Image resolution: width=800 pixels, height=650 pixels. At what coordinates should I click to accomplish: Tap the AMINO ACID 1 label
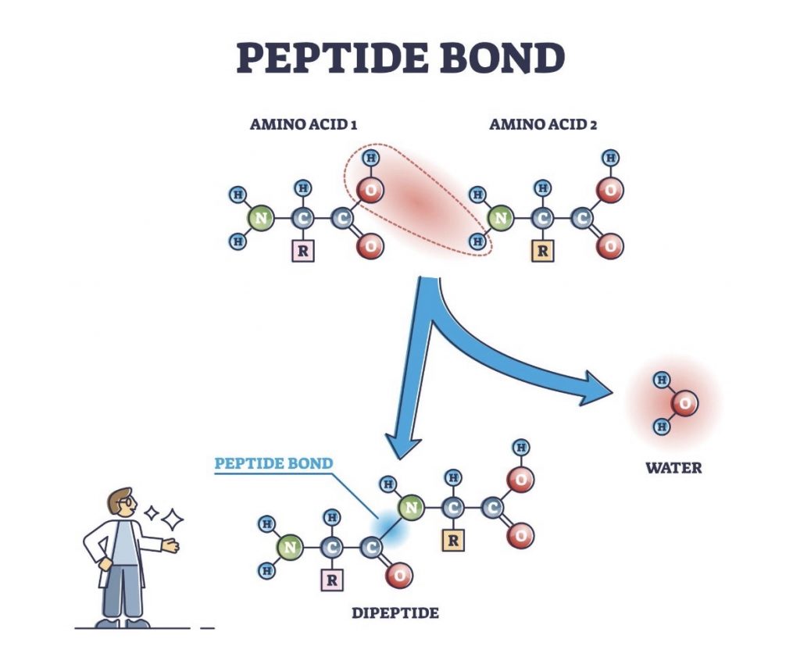point(304,124)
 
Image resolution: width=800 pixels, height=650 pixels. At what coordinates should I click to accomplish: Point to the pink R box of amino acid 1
point(302,251)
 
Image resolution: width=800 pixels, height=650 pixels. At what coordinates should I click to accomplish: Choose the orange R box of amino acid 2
point(541,251)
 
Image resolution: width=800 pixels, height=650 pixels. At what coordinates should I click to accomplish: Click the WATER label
point(673,468)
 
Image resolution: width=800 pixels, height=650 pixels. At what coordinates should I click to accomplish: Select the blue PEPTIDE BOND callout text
point(273,463)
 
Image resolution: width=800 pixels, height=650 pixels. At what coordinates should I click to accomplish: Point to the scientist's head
point(121,504)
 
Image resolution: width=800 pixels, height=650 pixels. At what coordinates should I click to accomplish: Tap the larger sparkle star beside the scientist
point(173,519)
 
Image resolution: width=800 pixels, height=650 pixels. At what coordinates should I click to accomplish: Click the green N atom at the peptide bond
point(410,509)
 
